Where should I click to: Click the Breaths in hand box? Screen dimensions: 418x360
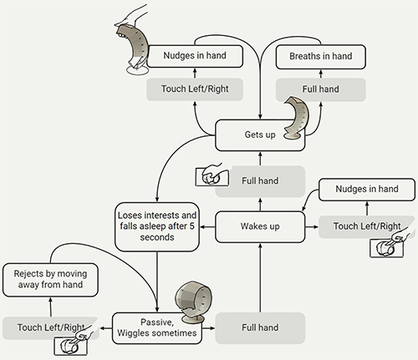coord(320,57)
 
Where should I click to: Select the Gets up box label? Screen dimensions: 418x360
coord(260,134)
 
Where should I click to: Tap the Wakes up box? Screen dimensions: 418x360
coord(260,226)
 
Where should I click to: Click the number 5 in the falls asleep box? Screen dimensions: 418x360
coord(191,226)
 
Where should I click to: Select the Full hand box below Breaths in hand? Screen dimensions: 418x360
coord(320,89)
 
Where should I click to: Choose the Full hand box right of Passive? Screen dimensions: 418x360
coord(260,328)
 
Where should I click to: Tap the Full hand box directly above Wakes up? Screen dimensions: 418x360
coord(260,181)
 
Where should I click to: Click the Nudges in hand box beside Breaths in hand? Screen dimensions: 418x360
coord(195,56)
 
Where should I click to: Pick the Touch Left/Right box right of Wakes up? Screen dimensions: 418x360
coord(367,226)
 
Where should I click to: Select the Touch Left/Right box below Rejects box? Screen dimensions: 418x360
coord(51,327)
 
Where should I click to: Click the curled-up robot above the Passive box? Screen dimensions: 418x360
coord(193,302)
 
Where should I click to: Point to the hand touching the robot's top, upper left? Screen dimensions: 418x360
coord(131,15)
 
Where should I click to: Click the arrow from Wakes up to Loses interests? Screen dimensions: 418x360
coord(207,227)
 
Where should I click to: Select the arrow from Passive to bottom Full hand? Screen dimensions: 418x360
coord(208,328)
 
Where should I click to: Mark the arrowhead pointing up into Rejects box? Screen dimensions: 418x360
coord(50,300)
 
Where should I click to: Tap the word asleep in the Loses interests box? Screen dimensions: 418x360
coord(155,226)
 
